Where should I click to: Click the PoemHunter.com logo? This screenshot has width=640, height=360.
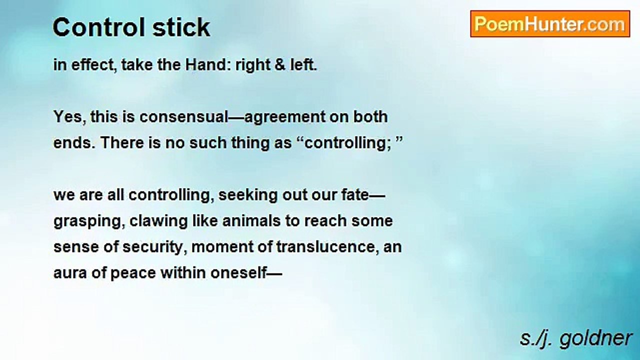click(x=550, y=24)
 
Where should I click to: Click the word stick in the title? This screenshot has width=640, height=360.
click(x=181, y=27)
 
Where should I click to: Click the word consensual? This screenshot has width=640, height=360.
click(x=183, y=117)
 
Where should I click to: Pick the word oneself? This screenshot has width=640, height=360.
click(x=238, y=273)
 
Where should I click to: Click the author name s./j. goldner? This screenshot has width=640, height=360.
click(x=575, y=339)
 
